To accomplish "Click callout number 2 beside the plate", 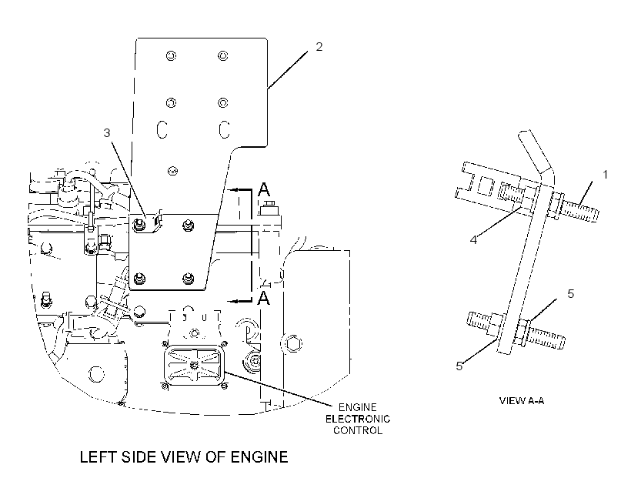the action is (x=319, y=47).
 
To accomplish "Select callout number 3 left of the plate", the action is (x=107, y=132).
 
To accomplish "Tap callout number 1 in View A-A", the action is (x=605, y=175).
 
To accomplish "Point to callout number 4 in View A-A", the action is (x=474, y=240).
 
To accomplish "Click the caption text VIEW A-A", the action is (x=522, y=400).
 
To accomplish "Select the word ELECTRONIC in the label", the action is (x=358, y=419).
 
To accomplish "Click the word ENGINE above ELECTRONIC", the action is (x=357, y=407).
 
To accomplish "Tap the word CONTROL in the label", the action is (x=358, y=430).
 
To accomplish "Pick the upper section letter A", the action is (x=264, y=189).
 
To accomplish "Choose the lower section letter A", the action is (x=263, y=299).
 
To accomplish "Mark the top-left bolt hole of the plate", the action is (x=171, y=55).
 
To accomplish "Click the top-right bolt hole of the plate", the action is (x=223, y=55).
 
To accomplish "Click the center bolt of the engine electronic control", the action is (x=195, y=365).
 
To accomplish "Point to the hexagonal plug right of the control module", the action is (x=293, y=344).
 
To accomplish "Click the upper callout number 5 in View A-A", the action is (x=571, y=294).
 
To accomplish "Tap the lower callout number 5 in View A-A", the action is (x=459, y=366).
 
